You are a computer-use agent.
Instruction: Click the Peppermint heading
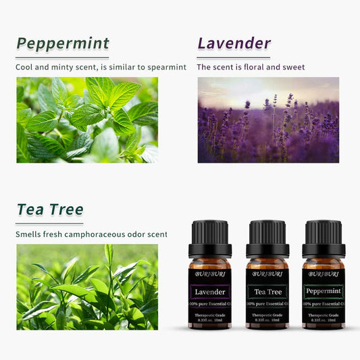(63, 44)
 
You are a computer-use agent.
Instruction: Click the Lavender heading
(234, 44)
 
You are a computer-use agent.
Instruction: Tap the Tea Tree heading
(49, 210)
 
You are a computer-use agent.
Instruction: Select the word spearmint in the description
(166, 68)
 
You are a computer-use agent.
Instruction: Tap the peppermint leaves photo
(87, 120)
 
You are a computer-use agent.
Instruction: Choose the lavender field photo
(268, 120)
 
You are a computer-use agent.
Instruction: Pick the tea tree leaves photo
(87, 286)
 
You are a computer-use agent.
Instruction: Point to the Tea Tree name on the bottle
(267, 292)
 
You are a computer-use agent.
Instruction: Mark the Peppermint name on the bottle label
(324, 292)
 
